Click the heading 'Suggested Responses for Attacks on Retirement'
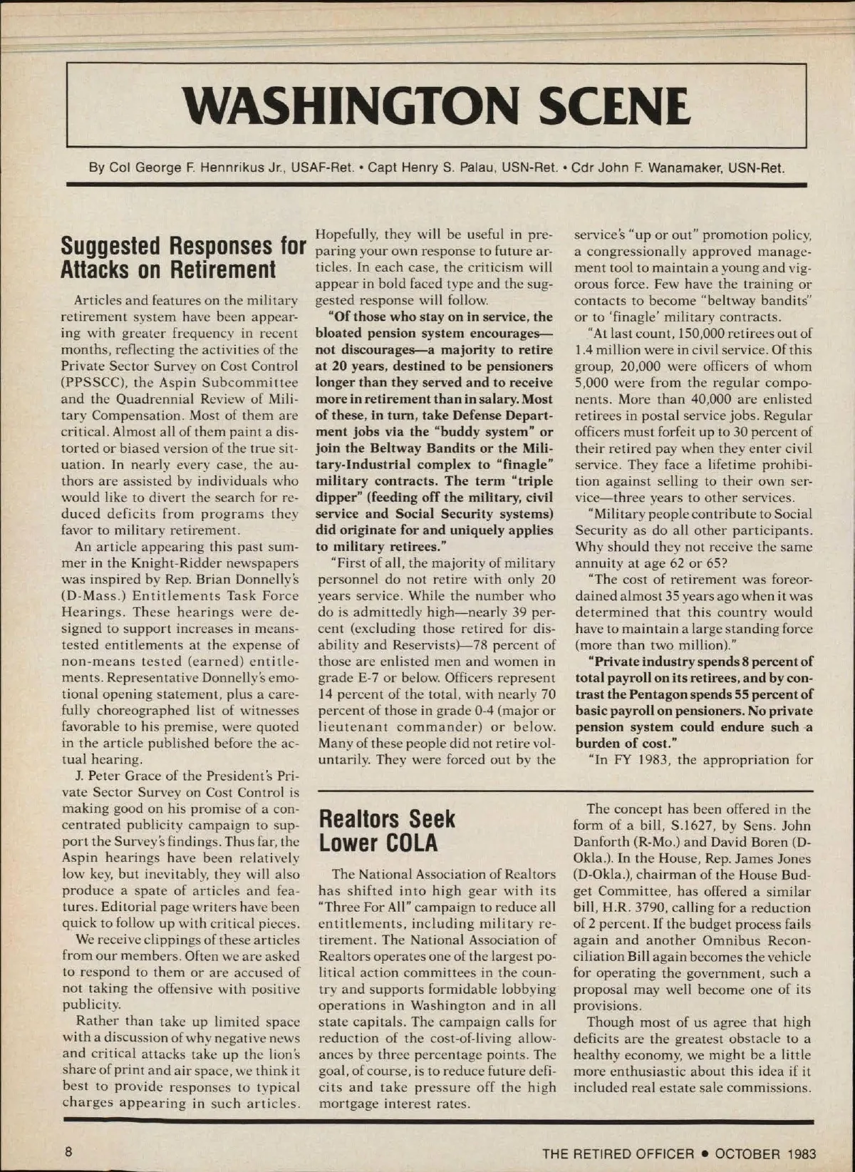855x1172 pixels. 183,257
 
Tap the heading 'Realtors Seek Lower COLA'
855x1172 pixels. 386,831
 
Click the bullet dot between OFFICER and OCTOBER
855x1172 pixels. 703,1153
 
